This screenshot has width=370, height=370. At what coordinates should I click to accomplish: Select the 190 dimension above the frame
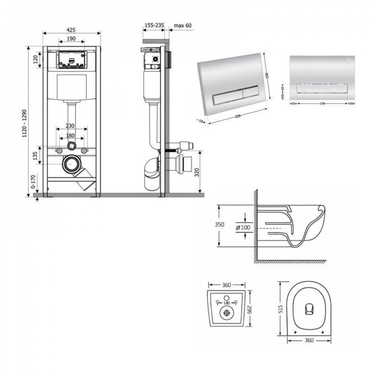coord(71,38)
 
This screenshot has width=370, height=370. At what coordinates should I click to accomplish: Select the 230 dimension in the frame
coord(72,125)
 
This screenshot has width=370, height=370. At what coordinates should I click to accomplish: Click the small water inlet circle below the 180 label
coord(71,146)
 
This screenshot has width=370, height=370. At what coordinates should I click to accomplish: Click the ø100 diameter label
coord(242,228)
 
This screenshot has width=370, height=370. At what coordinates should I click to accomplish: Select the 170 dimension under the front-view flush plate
coord(322,104)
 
